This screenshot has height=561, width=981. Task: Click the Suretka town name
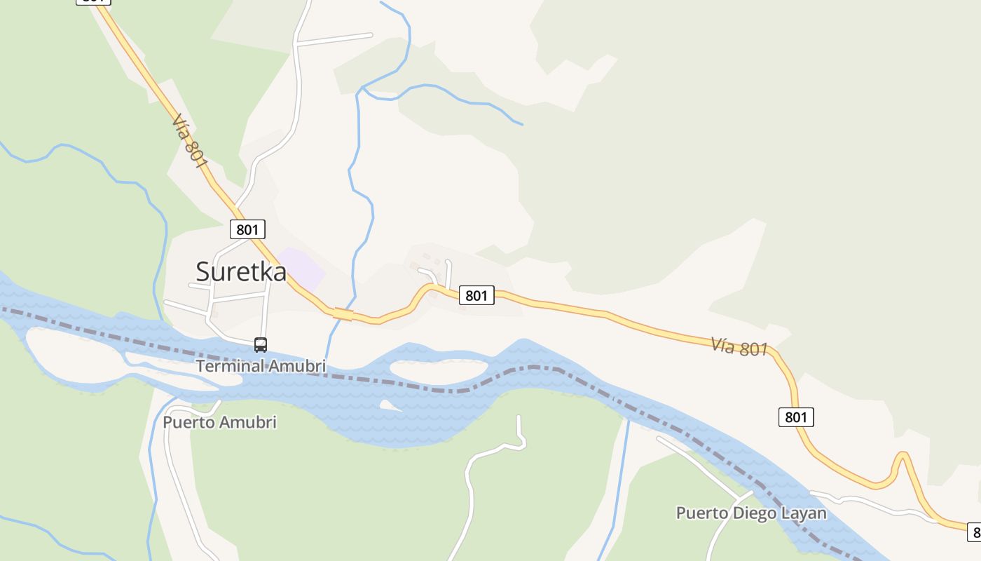[x=241, y=271]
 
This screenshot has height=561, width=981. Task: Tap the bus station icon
[x=261, y=344]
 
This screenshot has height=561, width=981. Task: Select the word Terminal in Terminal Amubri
[x=231, y=366]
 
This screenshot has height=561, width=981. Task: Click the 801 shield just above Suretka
[x=247, y=229]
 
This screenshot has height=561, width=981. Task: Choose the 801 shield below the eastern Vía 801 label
[x=796, y=417]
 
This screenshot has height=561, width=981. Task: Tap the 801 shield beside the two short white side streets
[x=476, y=295]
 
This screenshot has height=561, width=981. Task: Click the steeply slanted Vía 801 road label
[x=190, y=141]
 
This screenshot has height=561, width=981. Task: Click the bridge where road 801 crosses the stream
[x=343, y=314]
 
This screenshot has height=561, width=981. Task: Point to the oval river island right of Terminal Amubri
[x=439, y=370]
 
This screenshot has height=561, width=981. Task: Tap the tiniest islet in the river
[x=387, y=405]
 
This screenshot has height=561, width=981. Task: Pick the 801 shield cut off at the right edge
[x=973, y=532]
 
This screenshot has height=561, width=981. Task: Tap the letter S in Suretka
[x=203, y=271]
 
